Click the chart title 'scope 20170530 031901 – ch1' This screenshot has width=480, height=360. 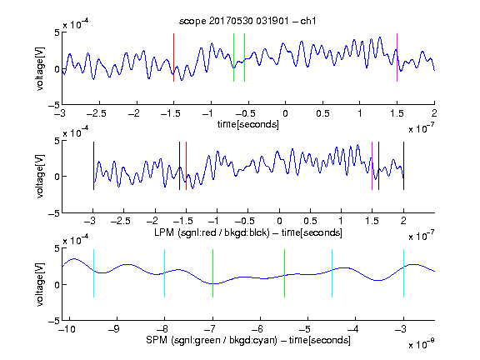[247, 21]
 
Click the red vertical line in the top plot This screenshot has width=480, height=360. [173, 57]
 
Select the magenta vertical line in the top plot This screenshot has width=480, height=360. [397, 57]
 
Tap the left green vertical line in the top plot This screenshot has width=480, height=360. [233, 57]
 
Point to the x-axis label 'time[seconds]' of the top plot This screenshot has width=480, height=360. [248, 125]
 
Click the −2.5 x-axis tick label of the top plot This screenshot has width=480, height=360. [97, 114]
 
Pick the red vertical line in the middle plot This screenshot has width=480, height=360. [186, 166]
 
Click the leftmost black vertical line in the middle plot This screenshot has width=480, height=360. [93, 166]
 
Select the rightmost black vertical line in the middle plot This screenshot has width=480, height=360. [403, 166]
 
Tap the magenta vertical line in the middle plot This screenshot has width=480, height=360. [372, 166]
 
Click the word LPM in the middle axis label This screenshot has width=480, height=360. [164, 232]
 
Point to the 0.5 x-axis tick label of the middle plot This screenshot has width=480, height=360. [310, 221]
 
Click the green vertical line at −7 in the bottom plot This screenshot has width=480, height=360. [212, 273]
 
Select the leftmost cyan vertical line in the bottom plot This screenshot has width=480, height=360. [93, 273]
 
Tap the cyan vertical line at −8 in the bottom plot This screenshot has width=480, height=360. [165, 273]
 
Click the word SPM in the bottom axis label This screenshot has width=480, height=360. [157, 340]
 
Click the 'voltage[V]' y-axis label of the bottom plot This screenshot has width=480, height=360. [40, 284]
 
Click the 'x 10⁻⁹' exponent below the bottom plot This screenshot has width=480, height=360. [421, 344]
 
